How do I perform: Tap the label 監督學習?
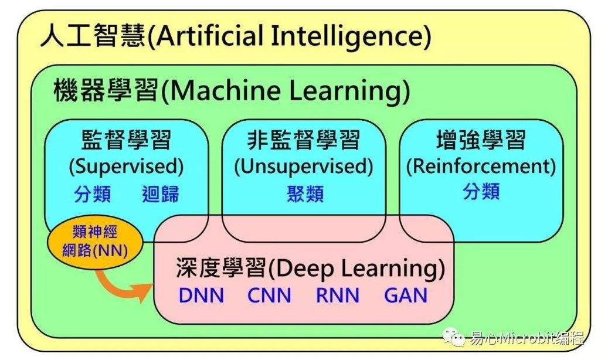[x=126, y=140]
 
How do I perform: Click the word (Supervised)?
[x=126, y=167]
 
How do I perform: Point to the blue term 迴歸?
[x=160, y=194]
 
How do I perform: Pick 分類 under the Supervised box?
[x=93, y=194]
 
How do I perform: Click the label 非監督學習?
[x=303, y=140]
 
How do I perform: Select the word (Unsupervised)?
[x=303, y=167]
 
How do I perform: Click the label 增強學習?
[x=481, y=140]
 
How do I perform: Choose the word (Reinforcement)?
[x=481, y=167]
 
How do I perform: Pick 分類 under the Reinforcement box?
[x=481, y=191]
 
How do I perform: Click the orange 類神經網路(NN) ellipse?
[x=94, y=241]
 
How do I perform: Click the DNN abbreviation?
[x=201, y=296]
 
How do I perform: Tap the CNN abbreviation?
[x=269, y=296]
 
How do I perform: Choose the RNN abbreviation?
[x=337, y=296]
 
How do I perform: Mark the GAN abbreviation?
[x=406, y=296]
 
